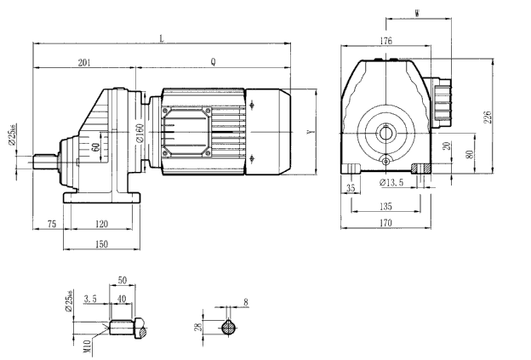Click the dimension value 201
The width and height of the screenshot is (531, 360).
coord(84,61)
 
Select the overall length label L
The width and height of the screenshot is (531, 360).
coord(162,37)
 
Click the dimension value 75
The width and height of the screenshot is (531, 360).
coord(51,223)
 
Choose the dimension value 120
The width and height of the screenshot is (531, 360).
coord(102,223)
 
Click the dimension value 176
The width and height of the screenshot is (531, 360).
coord(385,40)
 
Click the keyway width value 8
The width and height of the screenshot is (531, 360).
coord(247,301)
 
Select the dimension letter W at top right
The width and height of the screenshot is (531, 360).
coord(415,14)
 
